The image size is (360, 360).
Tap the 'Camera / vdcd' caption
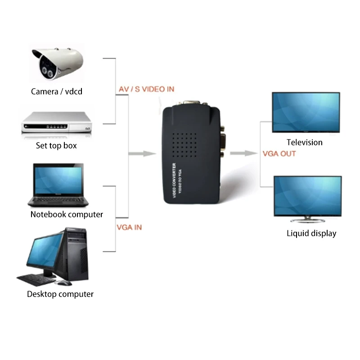(57, 92)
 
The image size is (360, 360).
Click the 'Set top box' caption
(56, 146)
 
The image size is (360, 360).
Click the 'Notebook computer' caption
(67, 215)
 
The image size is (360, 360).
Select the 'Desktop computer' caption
(60, 294)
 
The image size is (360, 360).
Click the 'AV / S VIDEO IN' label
(146, 90)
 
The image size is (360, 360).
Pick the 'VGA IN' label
(129, 228)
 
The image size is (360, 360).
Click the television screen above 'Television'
(306, 112)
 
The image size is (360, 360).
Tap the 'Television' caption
(305, 143)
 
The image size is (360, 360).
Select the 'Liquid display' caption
(311, 234)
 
